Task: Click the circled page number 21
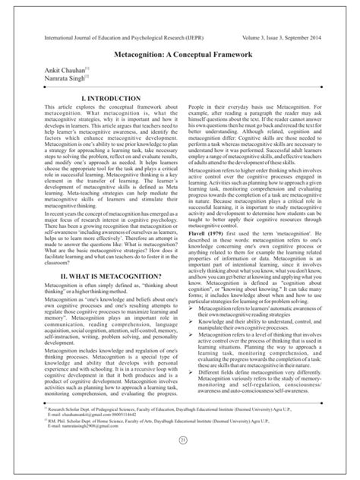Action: pos(180,461)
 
